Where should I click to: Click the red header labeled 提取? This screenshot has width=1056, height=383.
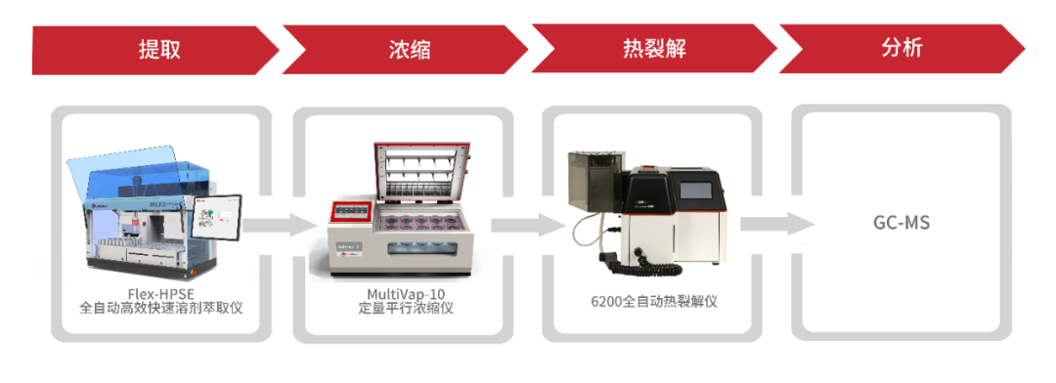click(x=159, y=49)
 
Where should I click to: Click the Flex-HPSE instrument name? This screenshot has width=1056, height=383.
click(x=160, y=294)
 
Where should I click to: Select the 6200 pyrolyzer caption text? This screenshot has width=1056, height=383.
click(x=654, y=302)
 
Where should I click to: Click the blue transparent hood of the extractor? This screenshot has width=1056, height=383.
click(x=147, y=176)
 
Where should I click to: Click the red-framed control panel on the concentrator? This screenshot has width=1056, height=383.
click(x=350, y=214)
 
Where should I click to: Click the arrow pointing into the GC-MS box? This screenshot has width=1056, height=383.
click(x=768, y=224)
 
